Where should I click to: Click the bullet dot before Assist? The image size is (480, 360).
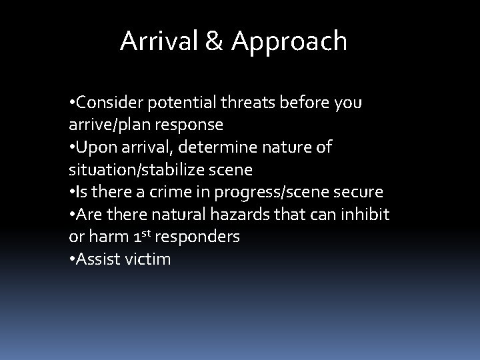coord(72,259)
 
